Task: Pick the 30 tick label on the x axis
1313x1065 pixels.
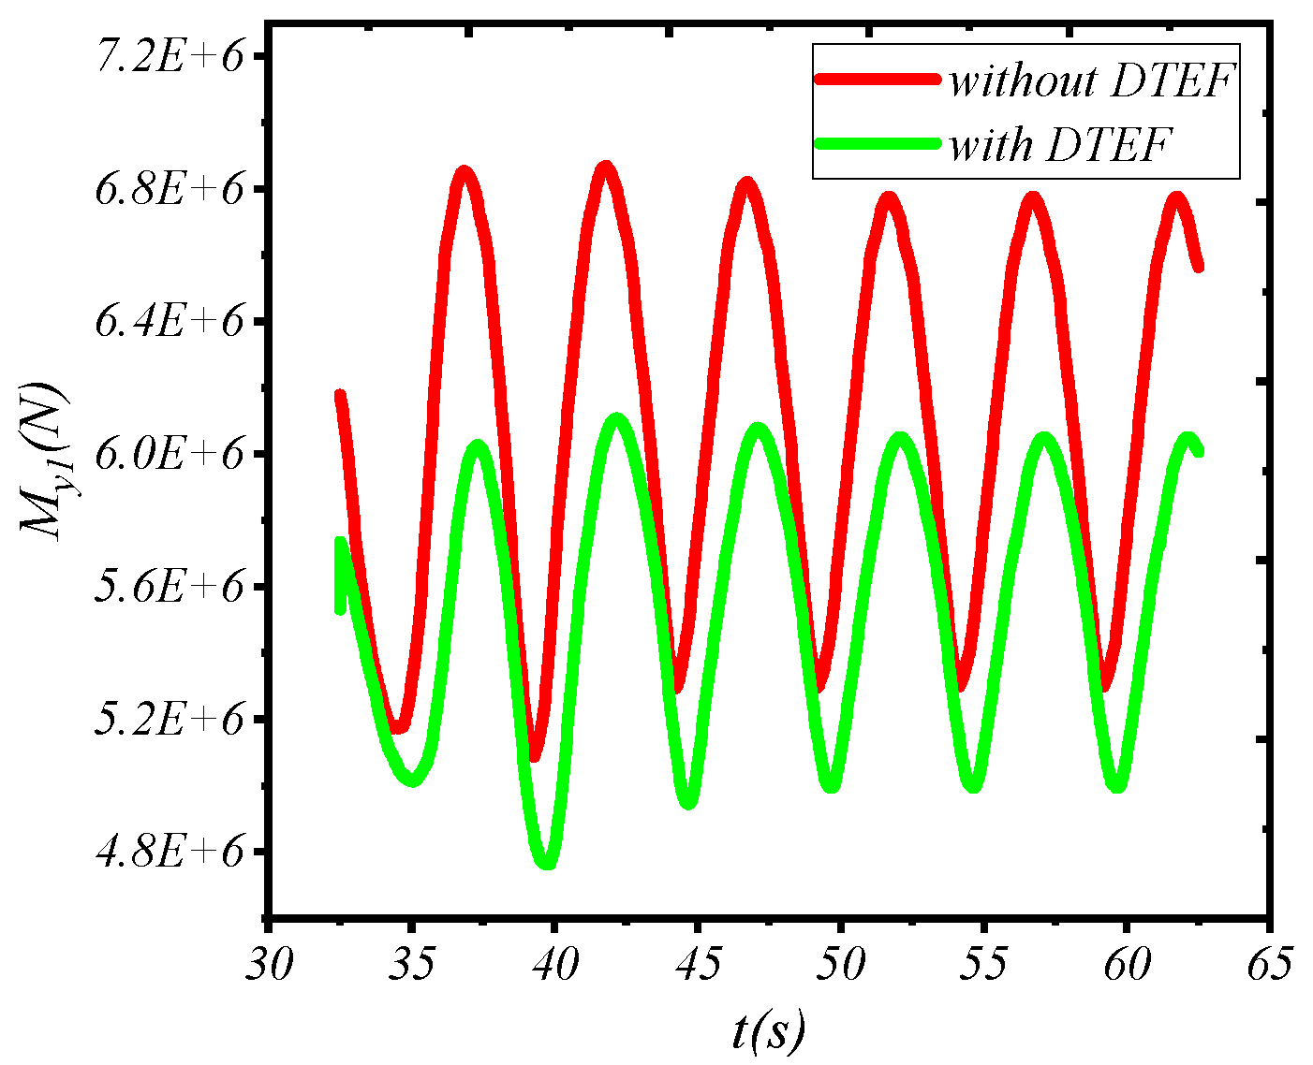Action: tap(269, 964)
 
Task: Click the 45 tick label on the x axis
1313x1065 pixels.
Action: tap(697, 964)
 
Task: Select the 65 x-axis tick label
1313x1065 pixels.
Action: tap(1268, 964)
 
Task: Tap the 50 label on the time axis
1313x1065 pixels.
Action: tap(840, 964)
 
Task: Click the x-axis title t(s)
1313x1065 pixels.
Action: tap(768, 1029)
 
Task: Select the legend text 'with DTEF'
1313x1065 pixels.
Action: tap(1060, 145)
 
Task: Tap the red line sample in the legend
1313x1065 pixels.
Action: tap(877, 80)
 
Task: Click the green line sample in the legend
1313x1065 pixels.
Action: tap(877, 143)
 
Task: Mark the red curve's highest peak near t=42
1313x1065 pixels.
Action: tap(606, 168)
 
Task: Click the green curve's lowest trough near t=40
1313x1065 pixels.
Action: tap(548, 862)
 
